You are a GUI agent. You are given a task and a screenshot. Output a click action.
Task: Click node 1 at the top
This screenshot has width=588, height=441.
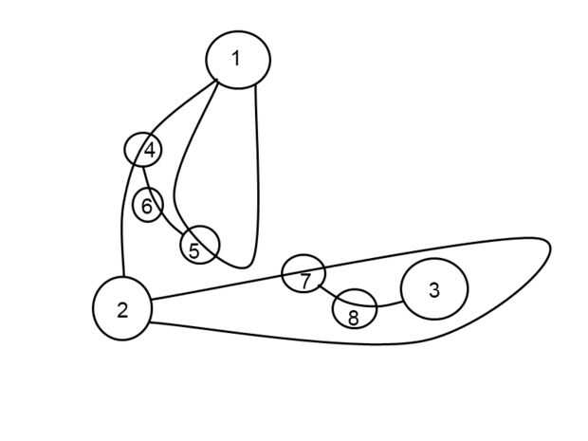click(237, 59)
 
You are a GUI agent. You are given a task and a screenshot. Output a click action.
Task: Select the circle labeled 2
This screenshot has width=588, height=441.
click(122, 308)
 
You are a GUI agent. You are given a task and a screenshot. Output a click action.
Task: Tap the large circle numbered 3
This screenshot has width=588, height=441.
click(434, 289)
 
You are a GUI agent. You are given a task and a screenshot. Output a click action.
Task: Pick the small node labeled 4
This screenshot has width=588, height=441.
click(143, 149)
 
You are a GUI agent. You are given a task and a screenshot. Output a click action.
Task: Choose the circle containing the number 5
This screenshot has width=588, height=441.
click(199, 245)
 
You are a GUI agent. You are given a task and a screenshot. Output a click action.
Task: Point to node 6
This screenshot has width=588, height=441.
click(147, 204)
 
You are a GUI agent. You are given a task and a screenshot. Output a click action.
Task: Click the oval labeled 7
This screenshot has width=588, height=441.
click(304, 274)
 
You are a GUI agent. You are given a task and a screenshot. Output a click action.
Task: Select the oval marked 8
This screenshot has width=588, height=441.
click(355, 309)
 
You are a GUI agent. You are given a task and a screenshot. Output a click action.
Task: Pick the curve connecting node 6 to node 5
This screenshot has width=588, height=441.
click(170, 226)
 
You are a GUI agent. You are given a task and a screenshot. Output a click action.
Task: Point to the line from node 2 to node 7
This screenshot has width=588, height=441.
click(218, 288)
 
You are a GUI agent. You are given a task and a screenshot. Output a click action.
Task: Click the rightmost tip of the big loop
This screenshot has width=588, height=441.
click(550, 248)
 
